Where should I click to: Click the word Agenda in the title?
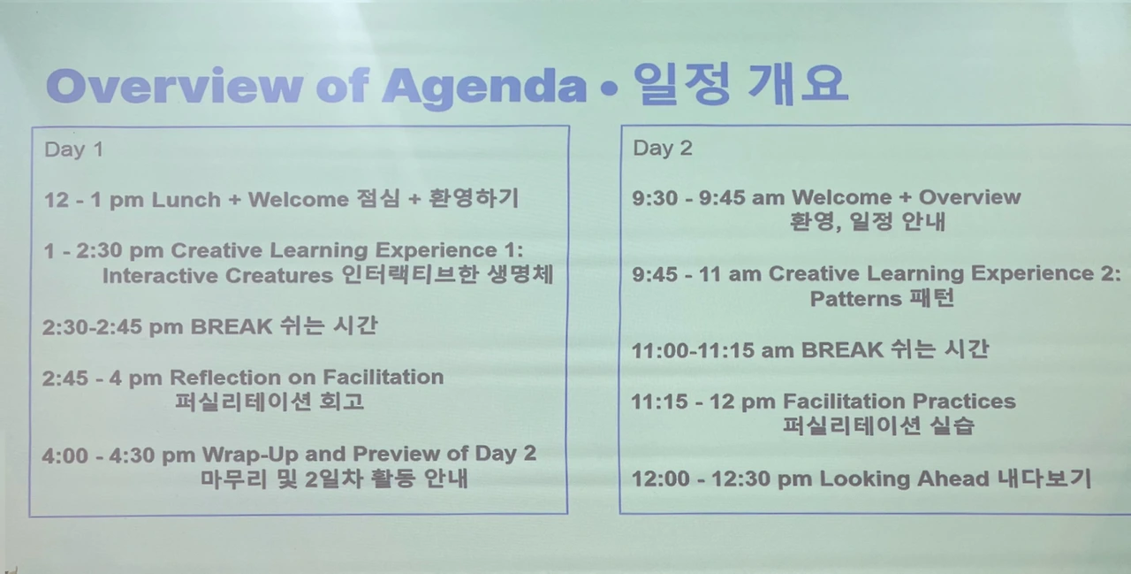pyautogui.click(x=484, y=88)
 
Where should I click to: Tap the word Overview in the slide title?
pyautogui.click(x=175, y=85)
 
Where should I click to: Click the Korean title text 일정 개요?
pyautogui.click(x=740, y=83)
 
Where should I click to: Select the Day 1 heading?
pyautogui.click(x=73, y=149)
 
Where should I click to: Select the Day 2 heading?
pyautogui.click(x=663, y=148)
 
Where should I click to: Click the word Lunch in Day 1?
pyautogui.click(x=186, y=200)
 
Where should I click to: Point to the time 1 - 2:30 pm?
pyautogui.click(x=103, y=250)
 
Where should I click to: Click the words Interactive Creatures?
pyautogui.click(x=218, y=276)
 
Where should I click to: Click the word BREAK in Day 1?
pyautogui.click(x=232, y=327)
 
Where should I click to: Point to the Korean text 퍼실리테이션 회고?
pyautogui.click(x=269, y=402)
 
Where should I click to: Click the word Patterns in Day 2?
pyautogui.click(x=856, y=299)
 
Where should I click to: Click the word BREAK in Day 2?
pyautogui.click(x=842, y=350)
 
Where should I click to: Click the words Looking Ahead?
pyautogui.click(x=904, y=479)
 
